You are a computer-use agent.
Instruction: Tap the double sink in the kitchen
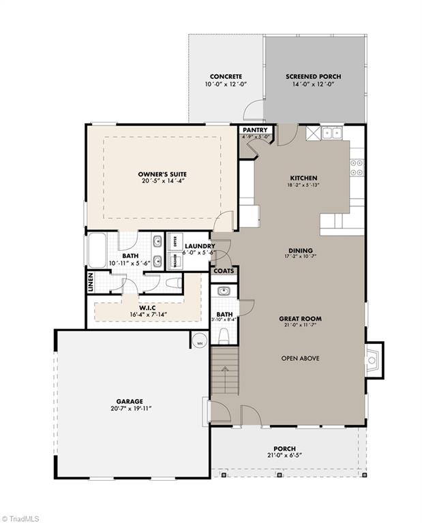[x=332, y=133]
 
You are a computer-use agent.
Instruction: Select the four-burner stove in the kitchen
[x=357, y=168]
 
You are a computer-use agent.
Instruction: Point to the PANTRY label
[x=256, y=128]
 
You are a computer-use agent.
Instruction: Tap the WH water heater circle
[x=200, y=343]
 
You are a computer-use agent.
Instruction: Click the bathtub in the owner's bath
[x=96, y=251]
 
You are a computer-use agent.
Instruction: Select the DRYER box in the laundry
[x=174, y=242]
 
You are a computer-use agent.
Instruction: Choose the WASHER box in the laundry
[x=174, y=261]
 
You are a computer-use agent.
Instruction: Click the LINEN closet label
[x=91, y=283]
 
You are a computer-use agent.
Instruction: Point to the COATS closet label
[x=224, y=270]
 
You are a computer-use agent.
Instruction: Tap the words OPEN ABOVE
[x=300, y=358]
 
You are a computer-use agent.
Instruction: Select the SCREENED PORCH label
[x=313, y=77]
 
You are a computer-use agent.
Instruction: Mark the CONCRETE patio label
[x=226, y=77]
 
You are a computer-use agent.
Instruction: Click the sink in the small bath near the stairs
[x=224, y=291]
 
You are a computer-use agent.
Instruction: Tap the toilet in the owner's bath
[x=174, y=283]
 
